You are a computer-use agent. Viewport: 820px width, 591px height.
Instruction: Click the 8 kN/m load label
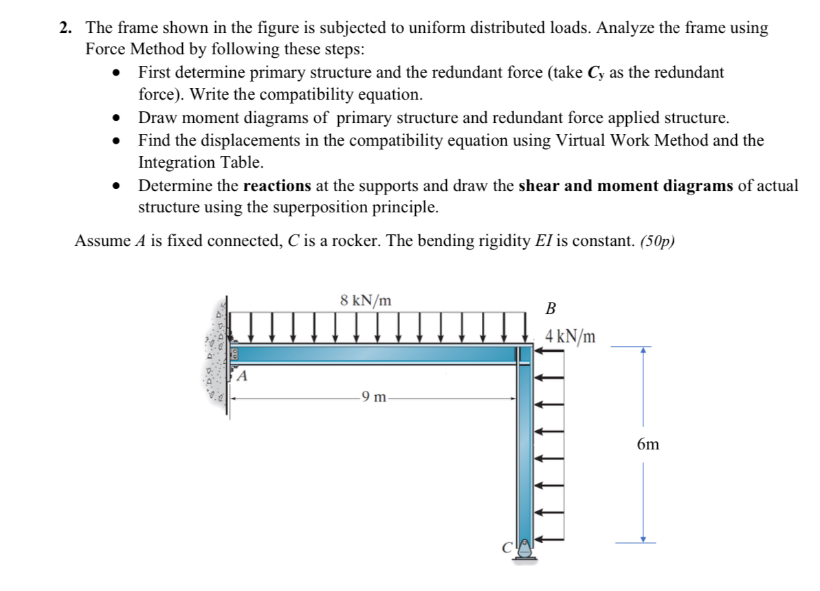[366, 300]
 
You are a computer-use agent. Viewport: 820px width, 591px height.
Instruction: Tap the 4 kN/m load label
[570, 337]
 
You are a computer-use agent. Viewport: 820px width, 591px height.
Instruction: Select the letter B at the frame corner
[551, 309]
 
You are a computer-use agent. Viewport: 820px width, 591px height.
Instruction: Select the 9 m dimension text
[374, 397]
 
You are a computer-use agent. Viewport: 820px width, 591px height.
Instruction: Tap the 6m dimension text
[647, 445]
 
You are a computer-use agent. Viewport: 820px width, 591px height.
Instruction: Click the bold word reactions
[277, 186]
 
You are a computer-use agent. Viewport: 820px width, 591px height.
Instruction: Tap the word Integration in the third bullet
[178, 163]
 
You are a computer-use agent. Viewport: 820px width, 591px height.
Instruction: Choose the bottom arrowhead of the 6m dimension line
[643, 539]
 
